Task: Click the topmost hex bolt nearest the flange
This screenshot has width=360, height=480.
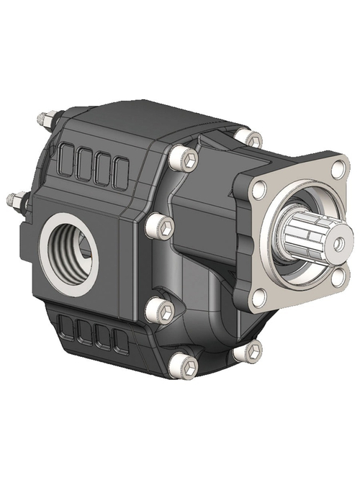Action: tap(253, 137)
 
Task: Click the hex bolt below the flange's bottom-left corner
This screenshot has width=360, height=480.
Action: tap(253, 351)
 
